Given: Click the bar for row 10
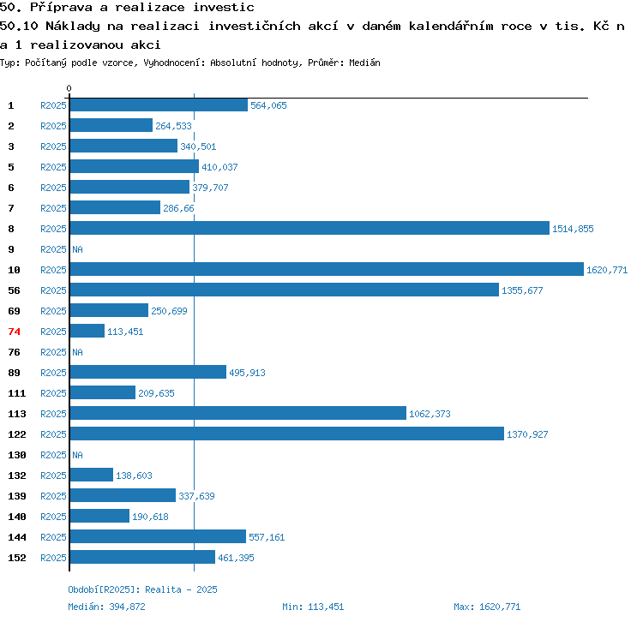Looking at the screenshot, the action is click(327, 269).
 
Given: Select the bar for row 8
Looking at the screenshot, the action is click(309, 228).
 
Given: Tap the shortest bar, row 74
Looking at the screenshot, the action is click(87, 331).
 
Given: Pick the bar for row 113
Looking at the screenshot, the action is click(238, 413).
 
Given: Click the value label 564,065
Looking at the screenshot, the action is click(268, 105).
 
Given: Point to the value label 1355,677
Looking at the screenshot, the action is click(522, 290).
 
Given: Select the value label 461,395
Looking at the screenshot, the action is click(236, 558).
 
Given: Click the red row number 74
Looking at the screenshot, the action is click(14, 332).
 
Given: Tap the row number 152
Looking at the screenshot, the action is click(17, 558).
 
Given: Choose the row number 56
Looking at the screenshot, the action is click(14, 290).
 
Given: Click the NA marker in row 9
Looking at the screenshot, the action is click(77, 249).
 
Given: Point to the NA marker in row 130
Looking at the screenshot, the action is click(77, 455).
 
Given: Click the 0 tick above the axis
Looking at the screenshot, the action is click(69, 88).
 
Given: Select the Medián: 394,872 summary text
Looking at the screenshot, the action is click(106, 607).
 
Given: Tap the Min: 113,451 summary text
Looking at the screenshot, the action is click(313, 607).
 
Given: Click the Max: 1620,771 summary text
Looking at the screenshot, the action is click(487, 607).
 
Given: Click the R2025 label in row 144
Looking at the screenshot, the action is click(53, 537).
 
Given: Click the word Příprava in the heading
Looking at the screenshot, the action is click(67, 8).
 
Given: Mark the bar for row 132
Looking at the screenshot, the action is click(92, 475).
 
